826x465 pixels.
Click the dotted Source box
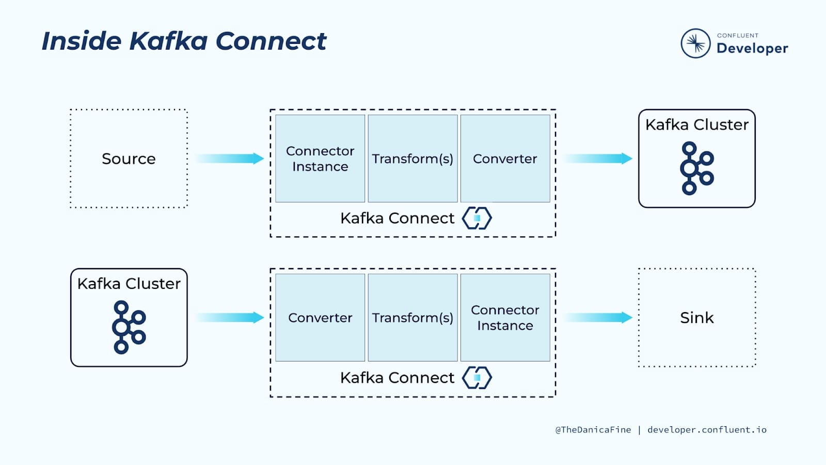[129, 159]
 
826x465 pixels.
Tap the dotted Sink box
[697, 318]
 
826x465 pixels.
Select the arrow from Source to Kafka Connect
[230, 159]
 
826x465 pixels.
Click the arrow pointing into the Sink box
[598, 318]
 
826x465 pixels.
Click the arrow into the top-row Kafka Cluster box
[598, 159]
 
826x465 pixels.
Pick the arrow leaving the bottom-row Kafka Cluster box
[230, 318]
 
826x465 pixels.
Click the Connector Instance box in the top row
[320, 159]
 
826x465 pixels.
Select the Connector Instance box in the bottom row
[505, 318]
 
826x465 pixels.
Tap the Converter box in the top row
[505, 159]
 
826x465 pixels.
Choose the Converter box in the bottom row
[320, 318]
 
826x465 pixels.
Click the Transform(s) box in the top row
[412, 159]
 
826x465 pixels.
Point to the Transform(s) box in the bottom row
[412, 318]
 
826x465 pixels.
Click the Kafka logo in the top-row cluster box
[696, 168]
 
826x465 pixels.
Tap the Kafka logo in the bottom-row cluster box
[129, 327]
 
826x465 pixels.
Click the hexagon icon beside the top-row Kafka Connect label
[476, 218]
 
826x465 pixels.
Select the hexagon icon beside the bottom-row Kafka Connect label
[476, 378]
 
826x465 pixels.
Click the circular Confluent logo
[695, 43]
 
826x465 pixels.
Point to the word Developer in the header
[752, 49]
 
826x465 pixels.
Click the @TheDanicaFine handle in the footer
[593, 430]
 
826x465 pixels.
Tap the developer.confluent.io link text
[707, 430]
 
